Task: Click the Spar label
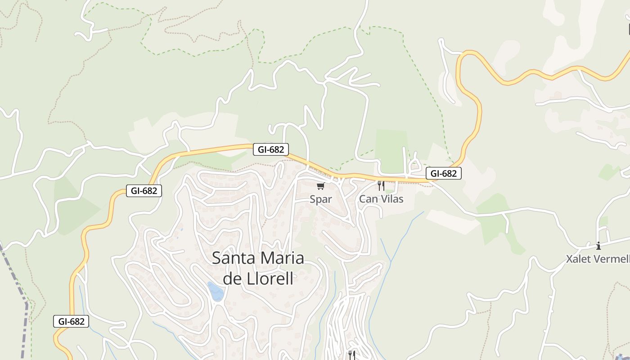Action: coord(320,199)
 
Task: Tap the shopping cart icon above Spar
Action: coord(320,186)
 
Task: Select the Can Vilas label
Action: coord(381,198)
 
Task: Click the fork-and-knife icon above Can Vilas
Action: coord(381,185)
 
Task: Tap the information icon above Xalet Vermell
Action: coord(598,246)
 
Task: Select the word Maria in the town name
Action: coord(281,258)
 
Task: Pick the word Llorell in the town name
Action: coord(270,279)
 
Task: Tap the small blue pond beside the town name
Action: coord(216,291)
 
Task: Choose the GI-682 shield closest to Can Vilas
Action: coord(443,173)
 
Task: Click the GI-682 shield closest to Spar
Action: coord(270,149)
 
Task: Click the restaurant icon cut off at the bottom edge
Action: coord(352,355)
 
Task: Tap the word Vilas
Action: coord(391,198)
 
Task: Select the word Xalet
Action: coord(579,259)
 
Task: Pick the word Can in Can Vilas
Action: coord(367,198)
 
